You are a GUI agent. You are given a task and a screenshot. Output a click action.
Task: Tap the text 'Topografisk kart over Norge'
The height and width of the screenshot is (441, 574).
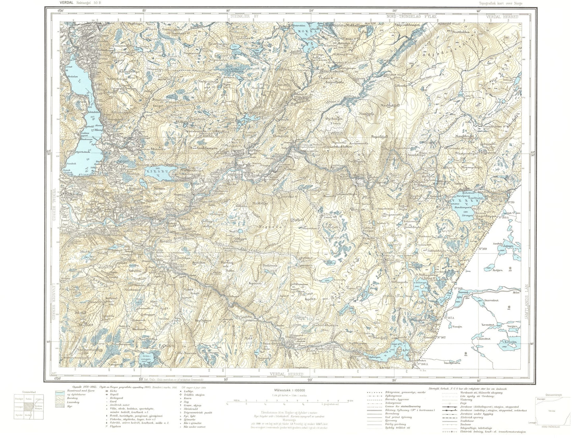coord(501,3)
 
